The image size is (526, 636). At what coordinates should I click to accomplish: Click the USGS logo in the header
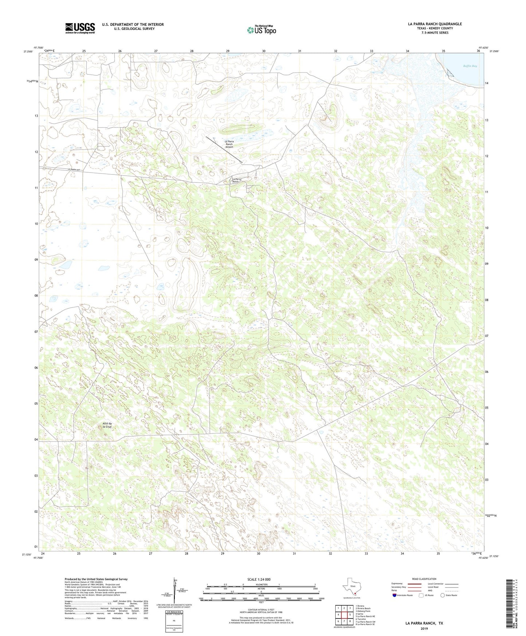coord(80,28)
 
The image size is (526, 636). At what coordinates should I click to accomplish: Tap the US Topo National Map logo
coord(261,30)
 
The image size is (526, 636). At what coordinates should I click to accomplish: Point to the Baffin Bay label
coord(470,66)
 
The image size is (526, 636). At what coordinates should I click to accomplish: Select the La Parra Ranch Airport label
coord(229,144)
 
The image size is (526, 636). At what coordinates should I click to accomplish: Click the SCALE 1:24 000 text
coord(258,580)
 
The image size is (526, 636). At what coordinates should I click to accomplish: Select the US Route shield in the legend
coord(422,595)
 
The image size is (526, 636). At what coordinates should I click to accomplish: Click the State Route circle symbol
coord(443,595)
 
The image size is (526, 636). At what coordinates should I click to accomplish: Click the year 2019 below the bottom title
coord(424,629)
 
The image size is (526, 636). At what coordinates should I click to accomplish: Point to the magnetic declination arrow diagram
coord(176,594)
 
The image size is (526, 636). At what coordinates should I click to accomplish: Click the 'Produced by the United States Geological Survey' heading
coord(96,579)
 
